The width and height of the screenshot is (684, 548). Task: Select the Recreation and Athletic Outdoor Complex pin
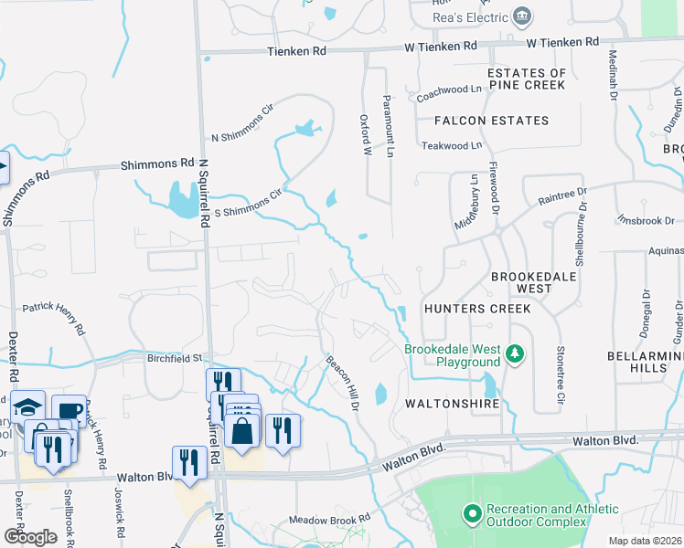pos(472,515)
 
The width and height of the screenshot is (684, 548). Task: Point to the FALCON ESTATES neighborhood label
pos(491,121)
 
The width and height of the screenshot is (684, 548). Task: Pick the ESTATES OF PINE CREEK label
pos(527,79)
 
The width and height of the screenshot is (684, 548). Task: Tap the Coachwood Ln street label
pos(449,90)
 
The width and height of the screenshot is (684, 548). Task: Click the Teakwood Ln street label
pos(451,145)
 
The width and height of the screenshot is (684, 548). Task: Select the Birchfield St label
pos(174,359)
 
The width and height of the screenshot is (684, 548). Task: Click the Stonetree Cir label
pos(558,374)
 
